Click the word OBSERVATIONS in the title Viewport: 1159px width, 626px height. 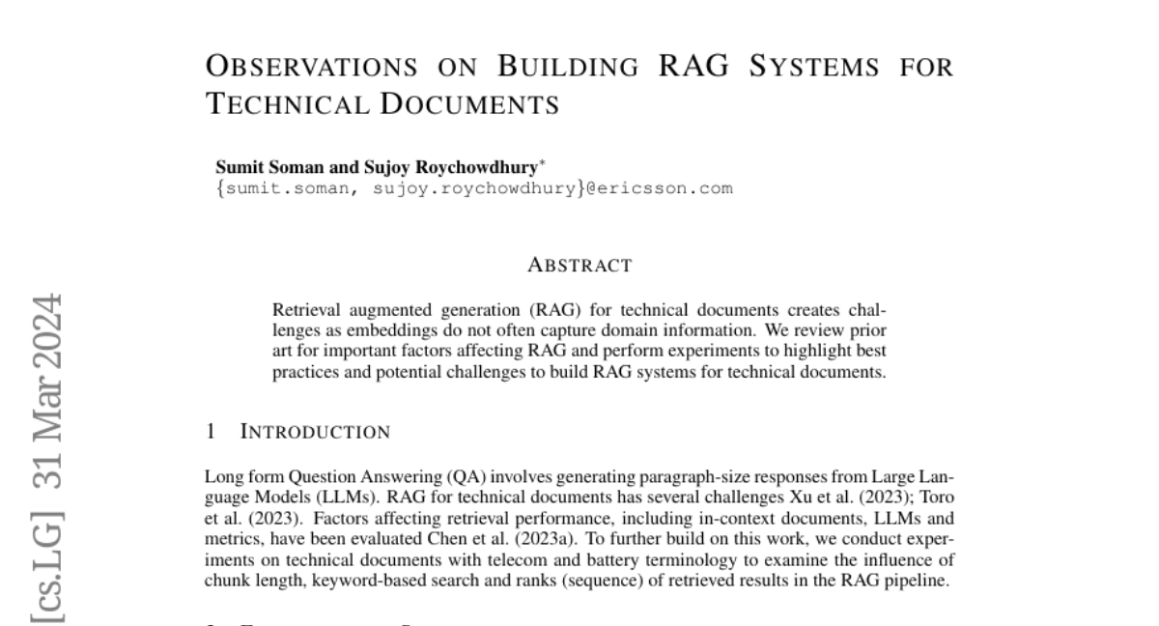coord(312,68)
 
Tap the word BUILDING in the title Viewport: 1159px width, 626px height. coord(568,68)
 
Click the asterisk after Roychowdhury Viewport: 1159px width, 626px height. coord(543,161)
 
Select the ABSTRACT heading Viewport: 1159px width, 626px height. coord(579,266)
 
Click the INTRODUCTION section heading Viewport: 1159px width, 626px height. coord(314,432)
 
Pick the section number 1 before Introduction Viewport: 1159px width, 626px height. coord(211,432)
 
